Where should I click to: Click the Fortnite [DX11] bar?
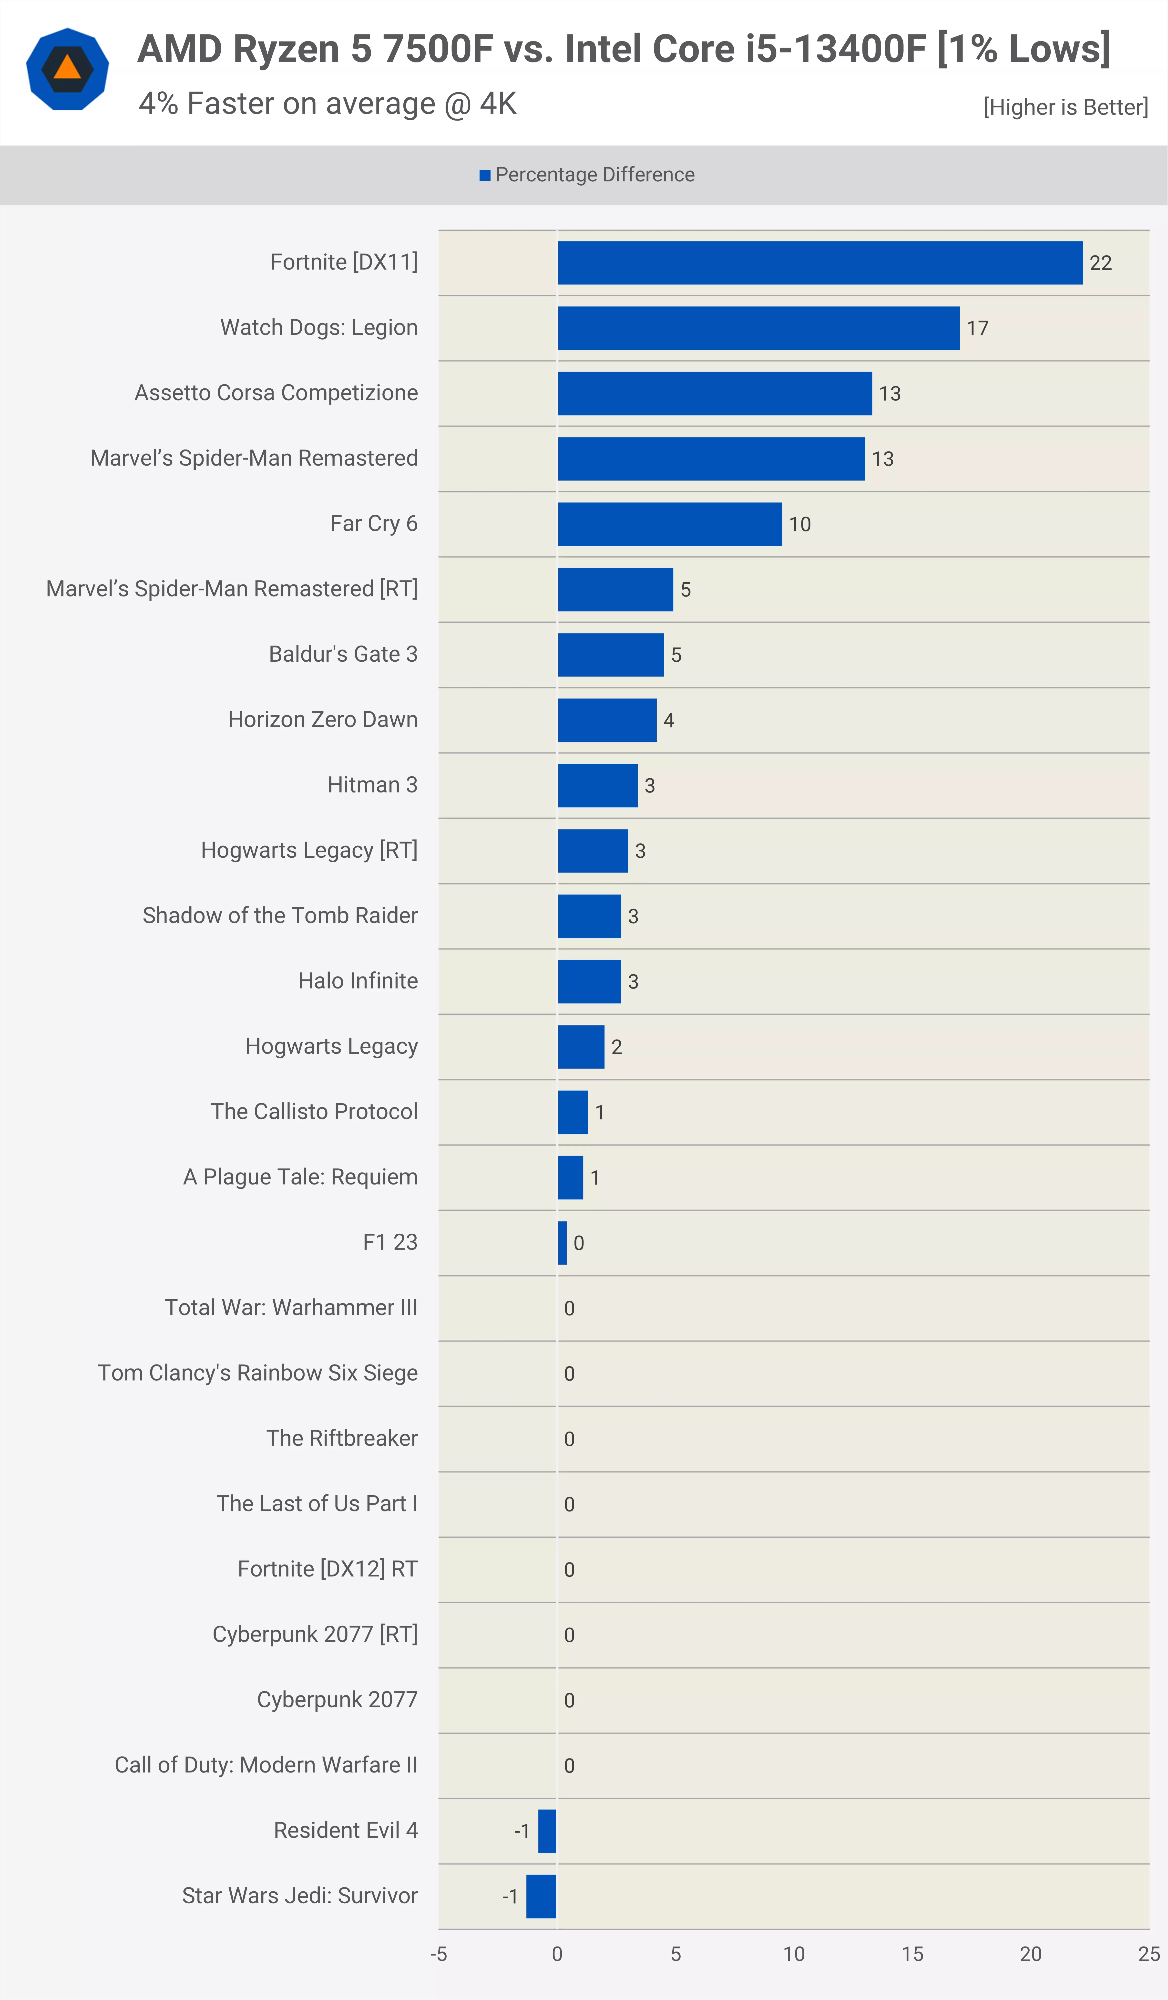tap(820, 263)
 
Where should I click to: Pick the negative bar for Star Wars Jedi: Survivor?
tap(541, 1896)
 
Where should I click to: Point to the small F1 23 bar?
tap(563, 1243)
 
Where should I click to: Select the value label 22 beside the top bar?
tap(1101, 263)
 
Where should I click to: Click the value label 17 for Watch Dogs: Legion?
tap(978, 328)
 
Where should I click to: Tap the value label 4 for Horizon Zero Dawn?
tap(669, 720)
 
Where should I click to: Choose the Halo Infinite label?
tap(358, 981)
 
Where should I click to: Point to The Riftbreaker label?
tap(342, 1438)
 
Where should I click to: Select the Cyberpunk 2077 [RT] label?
tap(315, 1634)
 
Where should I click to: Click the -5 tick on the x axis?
tap(439, 1954)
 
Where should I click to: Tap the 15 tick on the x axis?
tap(912, 1954)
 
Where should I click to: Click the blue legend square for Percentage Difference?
tap(485, 175)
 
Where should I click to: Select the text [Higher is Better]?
tap(1066, 107)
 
